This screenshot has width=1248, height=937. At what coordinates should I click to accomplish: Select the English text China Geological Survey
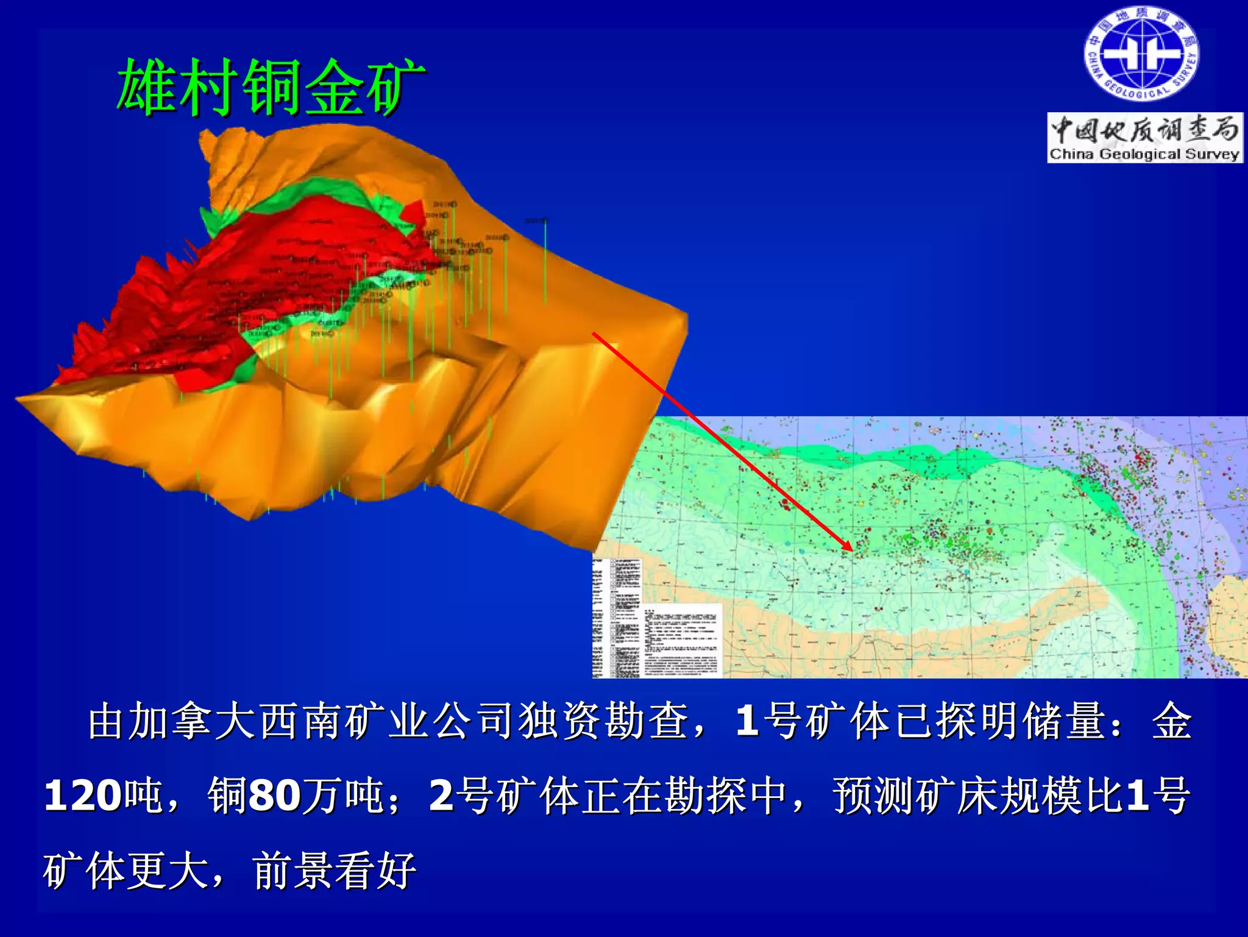(1144, 154)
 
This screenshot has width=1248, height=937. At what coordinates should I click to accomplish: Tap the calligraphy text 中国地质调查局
(1144, 130)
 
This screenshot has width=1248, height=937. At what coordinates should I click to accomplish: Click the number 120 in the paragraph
(82, 796)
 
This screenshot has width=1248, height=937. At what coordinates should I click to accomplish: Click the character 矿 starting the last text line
(63, 870)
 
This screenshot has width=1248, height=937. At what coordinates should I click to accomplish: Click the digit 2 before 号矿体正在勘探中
(441, 796)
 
